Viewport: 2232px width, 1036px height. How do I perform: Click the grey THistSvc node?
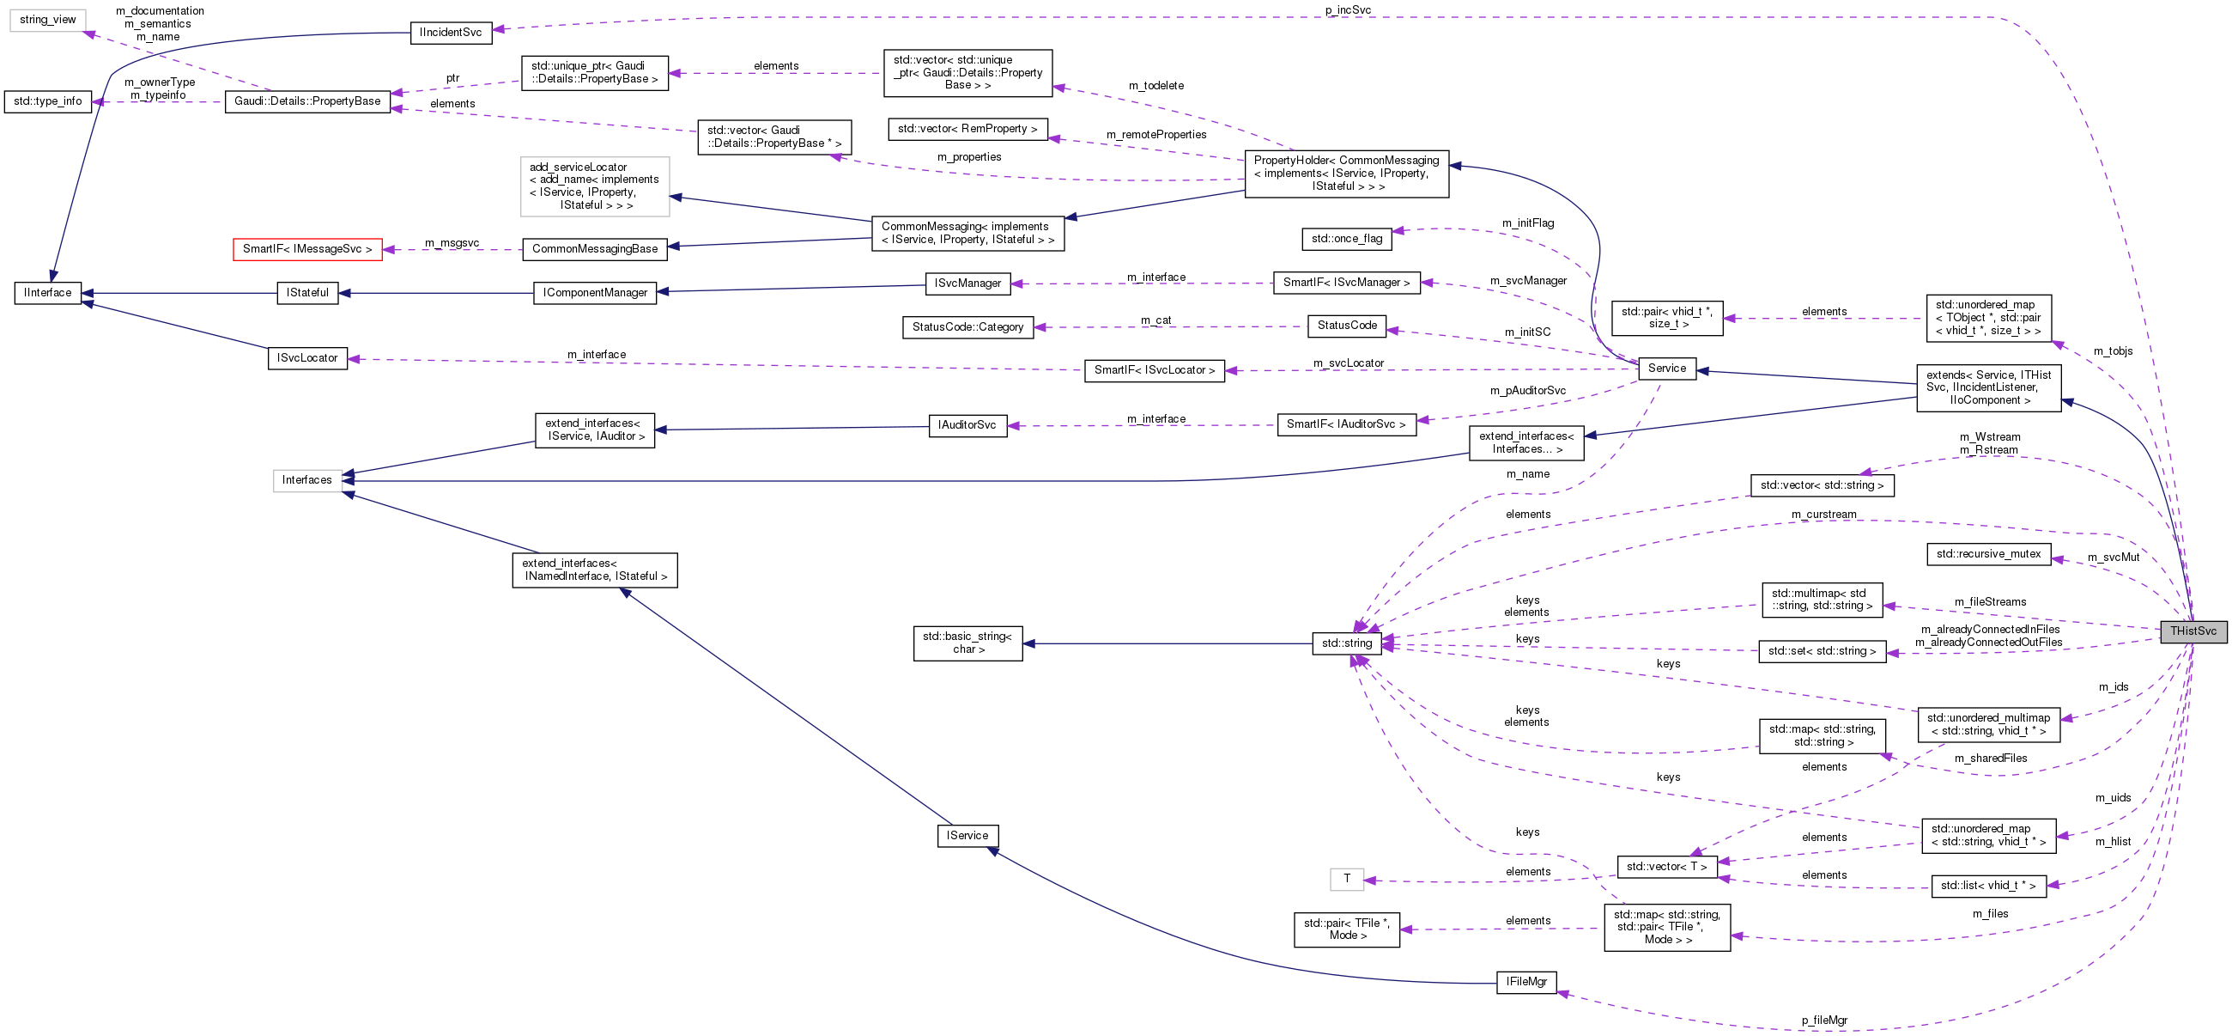click(x=2193, y=631)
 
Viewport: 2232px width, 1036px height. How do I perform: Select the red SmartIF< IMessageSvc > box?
click(x=307, y=249)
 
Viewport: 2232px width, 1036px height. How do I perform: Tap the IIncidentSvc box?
click(x=451, y=32)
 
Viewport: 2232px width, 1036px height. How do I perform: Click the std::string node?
click(x=1346, y=643)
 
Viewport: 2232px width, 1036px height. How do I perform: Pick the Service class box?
click(x=1666, y=369)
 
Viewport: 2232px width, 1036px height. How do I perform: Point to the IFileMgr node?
click(x=1525, y=982)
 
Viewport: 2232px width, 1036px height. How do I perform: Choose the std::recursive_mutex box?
click(x=1988, y=554)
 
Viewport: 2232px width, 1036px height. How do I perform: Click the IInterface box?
click(x=48, y=293)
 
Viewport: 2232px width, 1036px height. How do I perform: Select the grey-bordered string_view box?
click(x=48, y=20)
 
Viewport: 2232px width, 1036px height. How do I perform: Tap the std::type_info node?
click(x=48, y=101)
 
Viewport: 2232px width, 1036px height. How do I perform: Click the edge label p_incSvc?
click(x=1347, y=10)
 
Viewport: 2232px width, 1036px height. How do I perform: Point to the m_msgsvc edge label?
click(x=452, y=243)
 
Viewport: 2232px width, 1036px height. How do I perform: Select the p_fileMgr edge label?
click(x=1824, y=1021)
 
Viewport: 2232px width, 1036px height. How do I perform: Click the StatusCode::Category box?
click(x=967, y=327)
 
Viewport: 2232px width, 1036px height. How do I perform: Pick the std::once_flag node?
click(x=1346, y=239)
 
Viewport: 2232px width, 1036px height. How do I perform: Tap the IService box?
click(x=967, y=836)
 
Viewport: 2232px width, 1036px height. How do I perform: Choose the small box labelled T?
click(x=1346, y=879)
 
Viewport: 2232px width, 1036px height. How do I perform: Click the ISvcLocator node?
click(x=307, y=358)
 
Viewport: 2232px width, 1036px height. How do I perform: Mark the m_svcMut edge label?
click(x=2114, y=558)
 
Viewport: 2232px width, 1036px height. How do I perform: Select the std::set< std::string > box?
click(x=1822, y=651)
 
